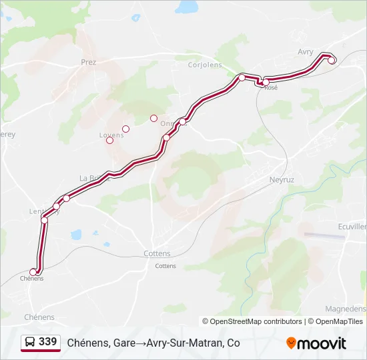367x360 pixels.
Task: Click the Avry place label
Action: pos(306,51)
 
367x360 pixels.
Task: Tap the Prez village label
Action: pos(89,62)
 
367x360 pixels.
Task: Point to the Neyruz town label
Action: pos(282,180)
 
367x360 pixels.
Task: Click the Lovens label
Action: pos(111,135)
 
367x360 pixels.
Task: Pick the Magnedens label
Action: pos(345,309)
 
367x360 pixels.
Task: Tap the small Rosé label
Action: pos(270,88)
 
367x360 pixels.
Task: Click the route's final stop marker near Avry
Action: pos(332,60)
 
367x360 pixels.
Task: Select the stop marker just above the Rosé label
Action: pos(266,82)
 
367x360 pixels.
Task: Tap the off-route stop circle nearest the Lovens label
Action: pos(110,140)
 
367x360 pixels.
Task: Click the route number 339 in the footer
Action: pos(47,342)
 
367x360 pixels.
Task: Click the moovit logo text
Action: pos(322,343)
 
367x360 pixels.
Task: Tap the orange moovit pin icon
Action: pos(291,343)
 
